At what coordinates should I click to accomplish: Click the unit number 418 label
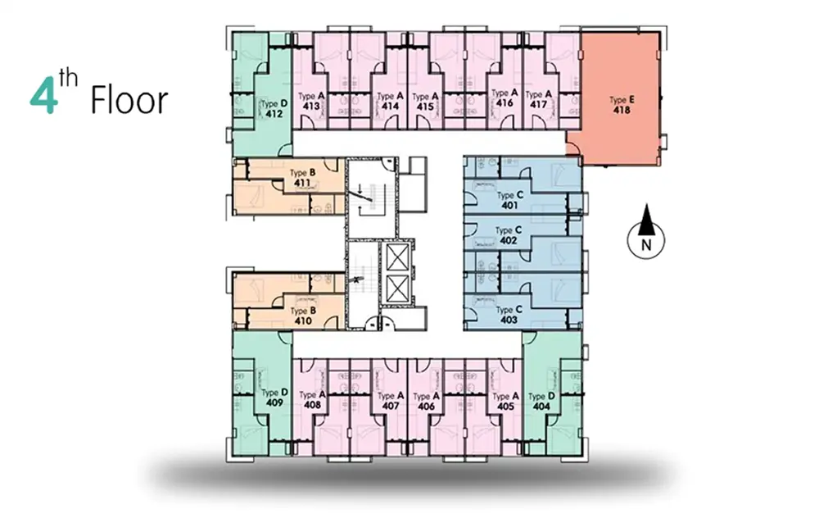[x=622, y=111]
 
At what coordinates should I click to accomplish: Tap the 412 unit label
[x=274, y=114]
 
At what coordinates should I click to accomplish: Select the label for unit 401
[x=509, y=206]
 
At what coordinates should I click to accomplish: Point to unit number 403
[x=509, y=320]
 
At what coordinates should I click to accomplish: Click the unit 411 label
[x=302, y=183]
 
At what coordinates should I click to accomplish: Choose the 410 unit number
[x=302, y=321]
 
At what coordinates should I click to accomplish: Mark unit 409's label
[x=274, y=402]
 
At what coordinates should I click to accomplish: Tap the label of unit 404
[x=541, y=407]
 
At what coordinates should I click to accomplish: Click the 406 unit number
[x=426, y=407]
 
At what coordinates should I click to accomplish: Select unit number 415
[x=425, y=107]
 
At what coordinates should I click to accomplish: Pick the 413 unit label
[x=311, y=106]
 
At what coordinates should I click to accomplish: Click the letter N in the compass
[x=646, y=244]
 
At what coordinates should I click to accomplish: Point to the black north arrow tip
[x=647, y=204]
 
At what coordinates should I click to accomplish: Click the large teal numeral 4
[x=43, y=98]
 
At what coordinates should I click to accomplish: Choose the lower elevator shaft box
[x=398, y=288]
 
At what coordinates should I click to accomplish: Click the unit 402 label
[x=509, y=240]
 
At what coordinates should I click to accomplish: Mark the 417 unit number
[x=539, y=105]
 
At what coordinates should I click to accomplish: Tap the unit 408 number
[x=312, y=405]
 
